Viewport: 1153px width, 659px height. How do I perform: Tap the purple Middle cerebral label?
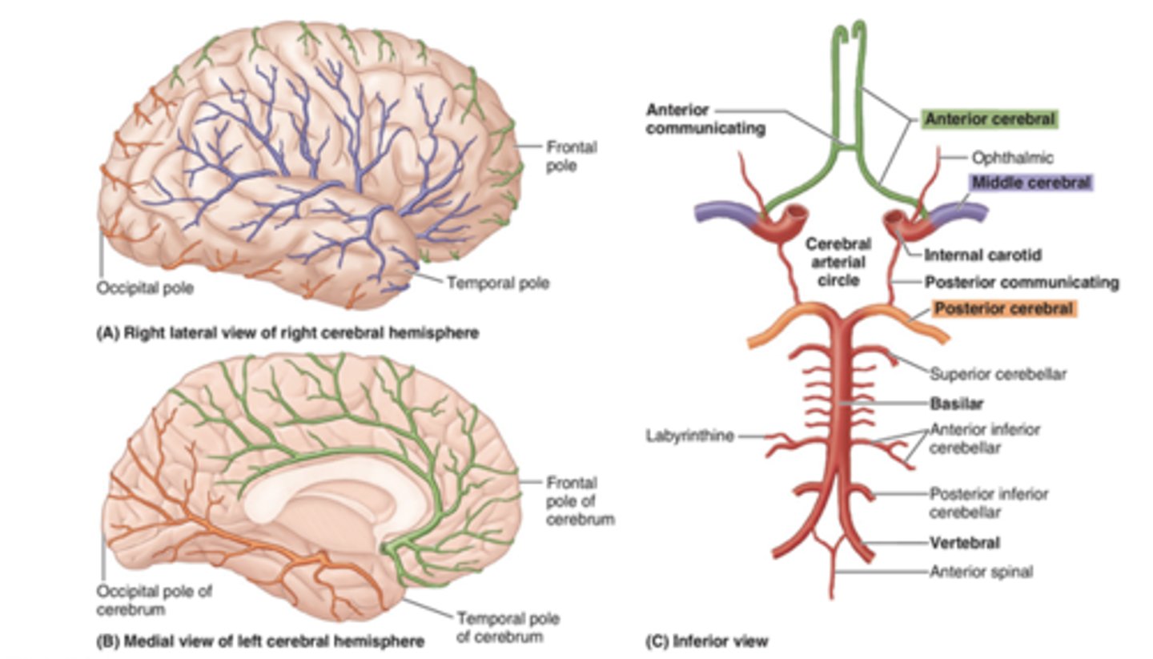coord(1030,183)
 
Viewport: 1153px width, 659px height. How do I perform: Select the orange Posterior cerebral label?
coord(1003,309)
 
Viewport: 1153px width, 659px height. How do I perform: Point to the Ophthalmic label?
coord(1012,158)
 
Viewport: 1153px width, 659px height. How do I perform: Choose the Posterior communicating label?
coord(1022,282)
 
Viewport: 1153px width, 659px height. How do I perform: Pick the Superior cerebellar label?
coord(998,374)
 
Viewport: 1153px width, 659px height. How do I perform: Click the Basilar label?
coord(956,404)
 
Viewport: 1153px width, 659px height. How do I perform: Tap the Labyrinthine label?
coord(689,436)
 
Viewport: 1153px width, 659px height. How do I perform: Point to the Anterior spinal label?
coord(981,572)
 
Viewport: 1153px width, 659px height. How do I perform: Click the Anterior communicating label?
coord(705,119)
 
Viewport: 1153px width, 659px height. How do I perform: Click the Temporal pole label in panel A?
coord(497,283)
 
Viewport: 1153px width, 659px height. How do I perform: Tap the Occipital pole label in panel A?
coord(145,287)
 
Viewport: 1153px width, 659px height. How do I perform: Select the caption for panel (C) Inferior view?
coord(706,641)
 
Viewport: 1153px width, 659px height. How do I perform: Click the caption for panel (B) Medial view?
coord(259,641)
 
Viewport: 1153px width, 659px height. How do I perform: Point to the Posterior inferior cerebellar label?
coord(988,503)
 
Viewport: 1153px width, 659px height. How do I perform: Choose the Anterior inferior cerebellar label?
coord(984,439)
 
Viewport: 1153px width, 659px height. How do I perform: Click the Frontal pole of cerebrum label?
coord(580,500)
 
